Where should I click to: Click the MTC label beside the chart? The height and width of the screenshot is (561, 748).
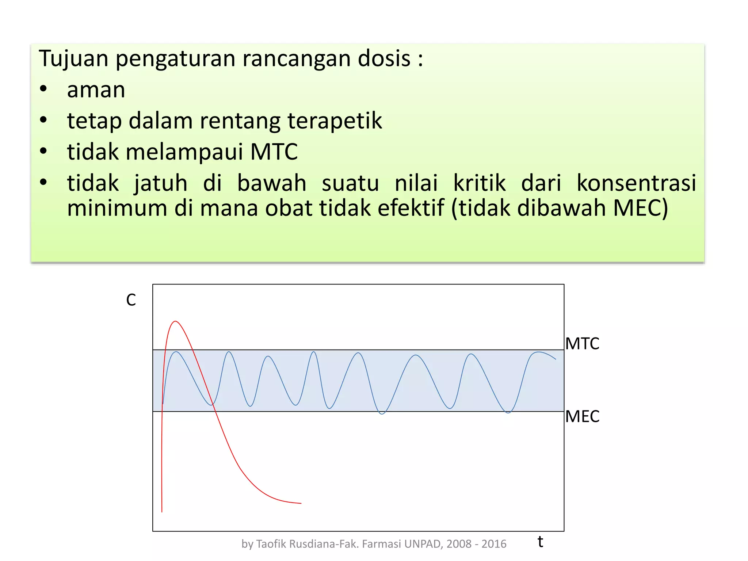[582, 344]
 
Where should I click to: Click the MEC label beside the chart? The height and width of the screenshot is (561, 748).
[582, 416]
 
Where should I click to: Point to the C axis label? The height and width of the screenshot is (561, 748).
[131, 300]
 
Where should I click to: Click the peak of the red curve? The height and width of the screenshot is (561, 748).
[176, 321]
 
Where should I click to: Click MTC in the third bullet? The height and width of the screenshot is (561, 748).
[274, 152]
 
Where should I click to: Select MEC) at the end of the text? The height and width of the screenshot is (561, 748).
[641, 208]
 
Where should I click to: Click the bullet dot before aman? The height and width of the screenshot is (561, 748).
[43, 89]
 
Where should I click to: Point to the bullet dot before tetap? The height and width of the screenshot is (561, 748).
[43, 120]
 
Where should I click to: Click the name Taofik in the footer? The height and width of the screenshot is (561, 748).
[272, 544]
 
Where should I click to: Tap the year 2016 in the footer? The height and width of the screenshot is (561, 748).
[494, 544]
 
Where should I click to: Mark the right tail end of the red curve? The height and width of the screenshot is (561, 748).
[301, 503]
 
